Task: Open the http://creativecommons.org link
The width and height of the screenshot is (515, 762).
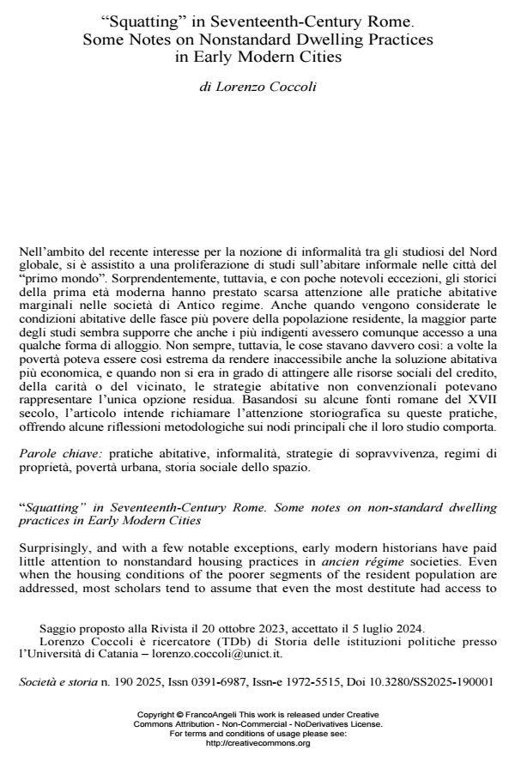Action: click(257, 744)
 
